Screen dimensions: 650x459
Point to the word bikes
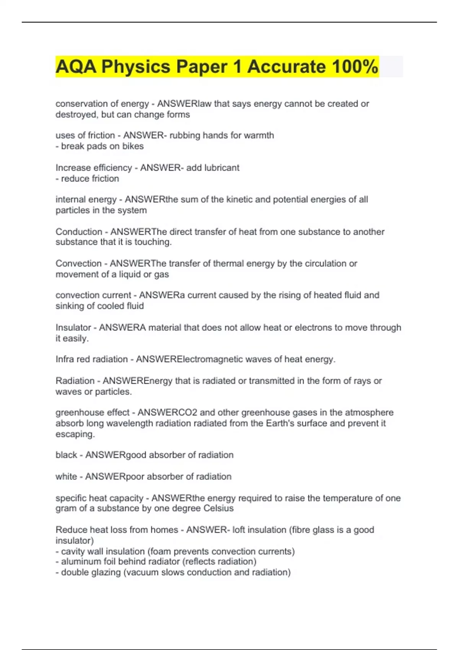(x=133, y=146)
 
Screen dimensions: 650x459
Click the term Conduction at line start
(x=79, y=232)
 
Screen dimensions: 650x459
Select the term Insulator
(x=73, y=328)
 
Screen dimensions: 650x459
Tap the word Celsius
(x=218, y=508)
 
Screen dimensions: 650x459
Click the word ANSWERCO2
(x=167, y=413)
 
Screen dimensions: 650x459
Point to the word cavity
(x=72, y=551)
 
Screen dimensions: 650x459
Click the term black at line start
(x=66, y=455)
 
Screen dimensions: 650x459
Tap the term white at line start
(x=66, y=476)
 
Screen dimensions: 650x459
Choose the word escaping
(x=75, y=434)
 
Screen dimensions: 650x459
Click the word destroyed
(x=76, y=114)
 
